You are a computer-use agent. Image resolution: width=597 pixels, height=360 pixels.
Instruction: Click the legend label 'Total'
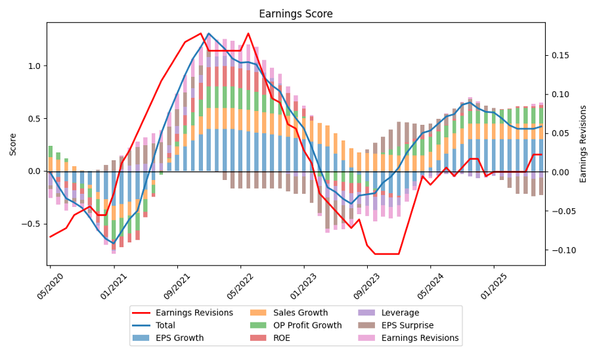pos(166,325)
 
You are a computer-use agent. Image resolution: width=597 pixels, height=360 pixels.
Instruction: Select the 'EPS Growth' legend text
pos(179,338)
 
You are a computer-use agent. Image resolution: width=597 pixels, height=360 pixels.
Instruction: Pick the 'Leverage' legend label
pos(400,313)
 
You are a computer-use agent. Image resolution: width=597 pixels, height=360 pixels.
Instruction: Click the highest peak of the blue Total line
pos(209,34)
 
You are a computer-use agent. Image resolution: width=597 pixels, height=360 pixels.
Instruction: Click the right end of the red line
pos(541,154)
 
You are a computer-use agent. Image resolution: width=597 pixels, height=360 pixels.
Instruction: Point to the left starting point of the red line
pos(50,237)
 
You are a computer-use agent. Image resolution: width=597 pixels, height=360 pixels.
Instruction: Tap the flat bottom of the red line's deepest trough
pos(387,254)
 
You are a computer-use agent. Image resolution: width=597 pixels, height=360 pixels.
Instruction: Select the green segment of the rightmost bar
pos(541,116)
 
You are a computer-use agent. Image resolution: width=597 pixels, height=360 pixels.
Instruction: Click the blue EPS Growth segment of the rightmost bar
pos(541,155)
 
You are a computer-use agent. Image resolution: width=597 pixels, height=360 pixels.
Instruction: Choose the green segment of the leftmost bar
pos(50,151)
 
